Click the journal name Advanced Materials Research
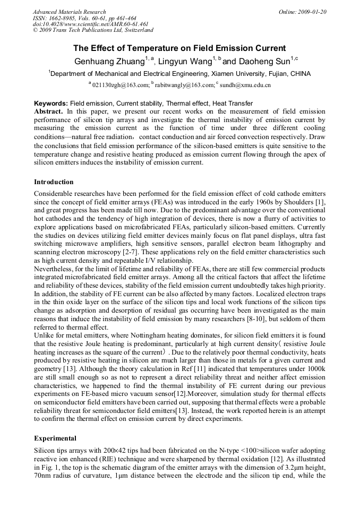click(69, 12)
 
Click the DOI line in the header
click(90, 24)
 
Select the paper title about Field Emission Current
click(179, 48)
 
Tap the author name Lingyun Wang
click(185, 61)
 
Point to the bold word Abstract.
click(49, 111)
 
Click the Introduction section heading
click(54, 182)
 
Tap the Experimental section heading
click(55, 438)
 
